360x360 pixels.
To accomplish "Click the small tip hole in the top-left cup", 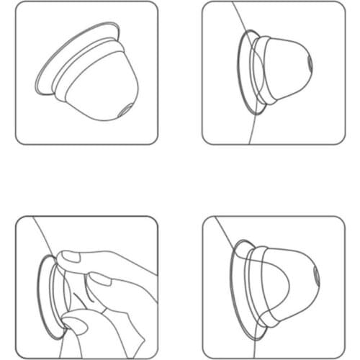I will (x=122, y=110).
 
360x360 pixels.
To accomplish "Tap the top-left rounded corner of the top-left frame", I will (x=19, y=6).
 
